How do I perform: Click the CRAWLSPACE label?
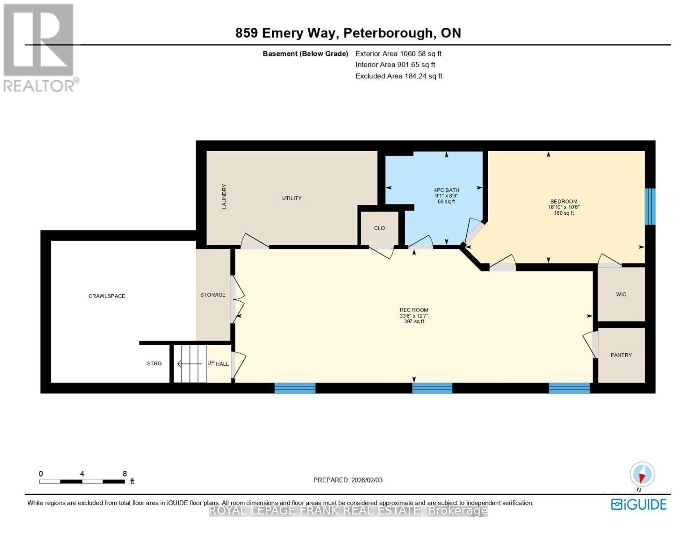(107, 296)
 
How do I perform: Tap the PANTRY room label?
(621, 355)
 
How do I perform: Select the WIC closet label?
(621, 295)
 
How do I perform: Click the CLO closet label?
(380, 228)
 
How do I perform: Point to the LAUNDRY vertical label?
(224, 196)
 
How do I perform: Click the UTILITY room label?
(292, 198)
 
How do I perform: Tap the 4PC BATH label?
(446, 190)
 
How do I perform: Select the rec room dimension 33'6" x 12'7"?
(414, 316)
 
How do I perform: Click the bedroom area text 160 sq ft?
(564, 213)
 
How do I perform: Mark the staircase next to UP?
(190, 364)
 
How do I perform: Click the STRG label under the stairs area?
(154, 364)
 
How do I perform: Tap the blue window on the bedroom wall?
(650, 206)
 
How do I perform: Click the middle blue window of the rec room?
(432, 388)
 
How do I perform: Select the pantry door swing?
(590, 345)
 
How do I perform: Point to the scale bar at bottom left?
(82, 482)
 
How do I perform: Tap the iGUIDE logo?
(639, 504)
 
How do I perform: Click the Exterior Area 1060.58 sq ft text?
(398, 54)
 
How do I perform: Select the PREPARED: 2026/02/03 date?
(348, 480)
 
